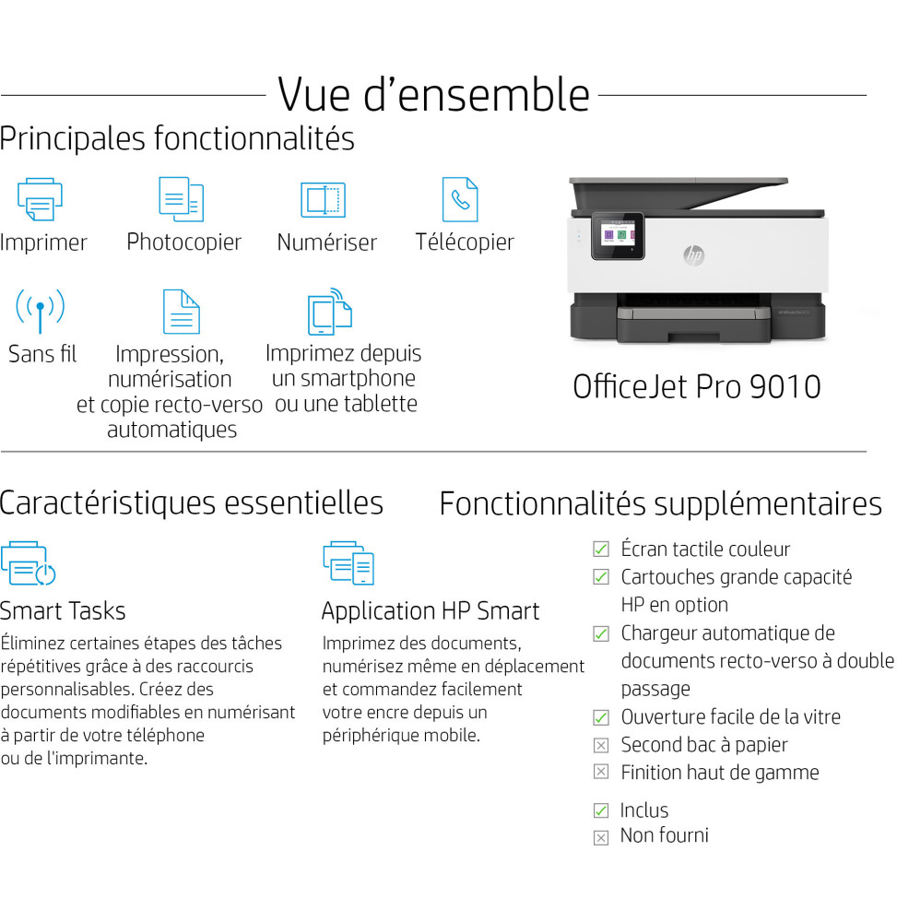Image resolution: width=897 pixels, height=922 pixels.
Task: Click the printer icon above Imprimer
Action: [40, 199]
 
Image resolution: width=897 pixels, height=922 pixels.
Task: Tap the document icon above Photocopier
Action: [181, 199]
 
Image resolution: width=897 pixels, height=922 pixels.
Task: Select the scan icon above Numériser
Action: [323, 200]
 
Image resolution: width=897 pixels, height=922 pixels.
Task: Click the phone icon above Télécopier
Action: [459, 199]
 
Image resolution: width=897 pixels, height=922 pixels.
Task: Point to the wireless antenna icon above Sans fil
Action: [40, 310]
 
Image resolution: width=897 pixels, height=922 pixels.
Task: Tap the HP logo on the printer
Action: [693, 255]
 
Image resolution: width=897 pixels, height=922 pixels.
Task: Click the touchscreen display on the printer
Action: [617, 236]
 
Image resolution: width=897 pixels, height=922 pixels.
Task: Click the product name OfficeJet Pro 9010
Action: [696, 385]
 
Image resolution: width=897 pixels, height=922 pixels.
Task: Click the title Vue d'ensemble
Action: [433, 94]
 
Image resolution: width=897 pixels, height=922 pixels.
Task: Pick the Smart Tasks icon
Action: [28, 563]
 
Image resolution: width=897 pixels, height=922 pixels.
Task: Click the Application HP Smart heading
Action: [430, 611]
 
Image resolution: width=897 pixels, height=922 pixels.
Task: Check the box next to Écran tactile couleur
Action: [601, 550]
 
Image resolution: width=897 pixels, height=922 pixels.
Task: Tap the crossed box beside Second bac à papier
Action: [601, 745]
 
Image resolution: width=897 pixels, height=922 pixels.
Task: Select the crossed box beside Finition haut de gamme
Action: [601, 773]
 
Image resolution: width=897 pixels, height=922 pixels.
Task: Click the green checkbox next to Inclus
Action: [601, 810]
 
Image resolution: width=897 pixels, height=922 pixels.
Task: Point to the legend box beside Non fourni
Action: [601, 837]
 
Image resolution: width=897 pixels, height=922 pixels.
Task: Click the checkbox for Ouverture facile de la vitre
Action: [601, 717]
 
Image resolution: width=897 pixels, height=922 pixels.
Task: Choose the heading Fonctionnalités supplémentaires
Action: [660, 504]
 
